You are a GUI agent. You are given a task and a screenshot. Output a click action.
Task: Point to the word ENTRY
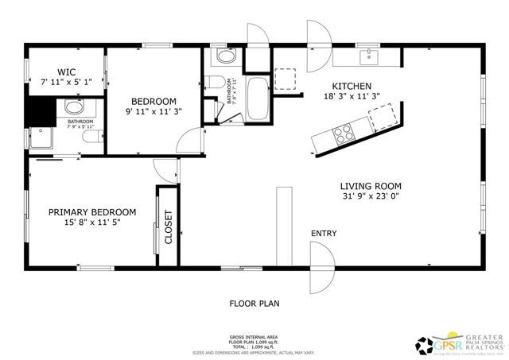324,234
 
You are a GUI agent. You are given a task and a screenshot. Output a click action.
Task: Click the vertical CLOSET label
168,226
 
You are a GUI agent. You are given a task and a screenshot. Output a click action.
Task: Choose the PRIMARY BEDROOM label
91,212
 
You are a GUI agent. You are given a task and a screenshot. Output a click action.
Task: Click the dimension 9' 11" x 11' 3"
153,112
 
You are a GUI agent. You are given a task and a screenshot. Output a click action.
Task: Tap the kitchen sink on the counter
368,57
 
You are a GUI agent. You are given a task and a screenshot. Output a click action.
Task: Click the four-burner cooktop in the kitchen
344,134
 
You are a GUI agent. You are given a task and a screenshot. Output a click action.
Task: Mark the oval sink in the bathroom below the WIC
74,108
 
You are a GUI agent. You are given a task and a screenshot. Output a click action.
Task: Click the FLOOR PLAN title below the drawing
254,304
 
